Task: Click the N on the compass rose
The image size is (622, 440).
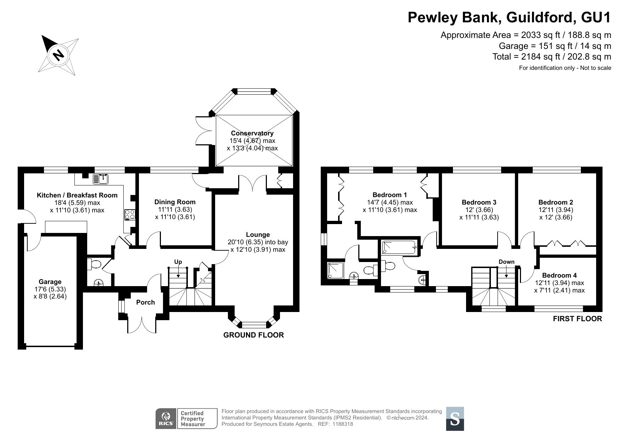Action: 58,55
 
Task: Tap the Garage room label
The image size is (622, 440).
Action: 50,282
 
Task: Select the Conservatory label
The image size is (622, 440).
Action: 252,133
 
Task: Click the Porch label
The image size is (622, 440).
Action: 146,302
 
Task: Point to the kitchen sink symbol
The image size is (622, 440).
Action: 101,179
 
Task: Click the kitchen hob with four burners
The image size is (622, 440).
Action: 129,215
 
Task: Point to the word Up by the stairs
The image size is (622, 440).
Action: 178,262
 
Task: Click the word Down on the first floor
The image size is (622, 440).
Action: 506,262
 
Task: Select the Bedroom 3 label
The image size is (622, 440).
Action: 479,202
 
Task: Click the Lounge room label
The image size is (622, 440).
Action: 258,235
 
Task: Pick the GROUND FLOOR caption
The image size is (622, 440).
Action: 254,335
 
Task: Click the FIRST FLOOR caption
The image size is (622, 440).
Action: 578,319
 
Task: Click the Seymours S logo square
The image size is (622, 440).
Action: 455,419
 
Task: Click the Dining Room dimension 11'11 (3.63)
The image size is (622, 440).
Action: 175,210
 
